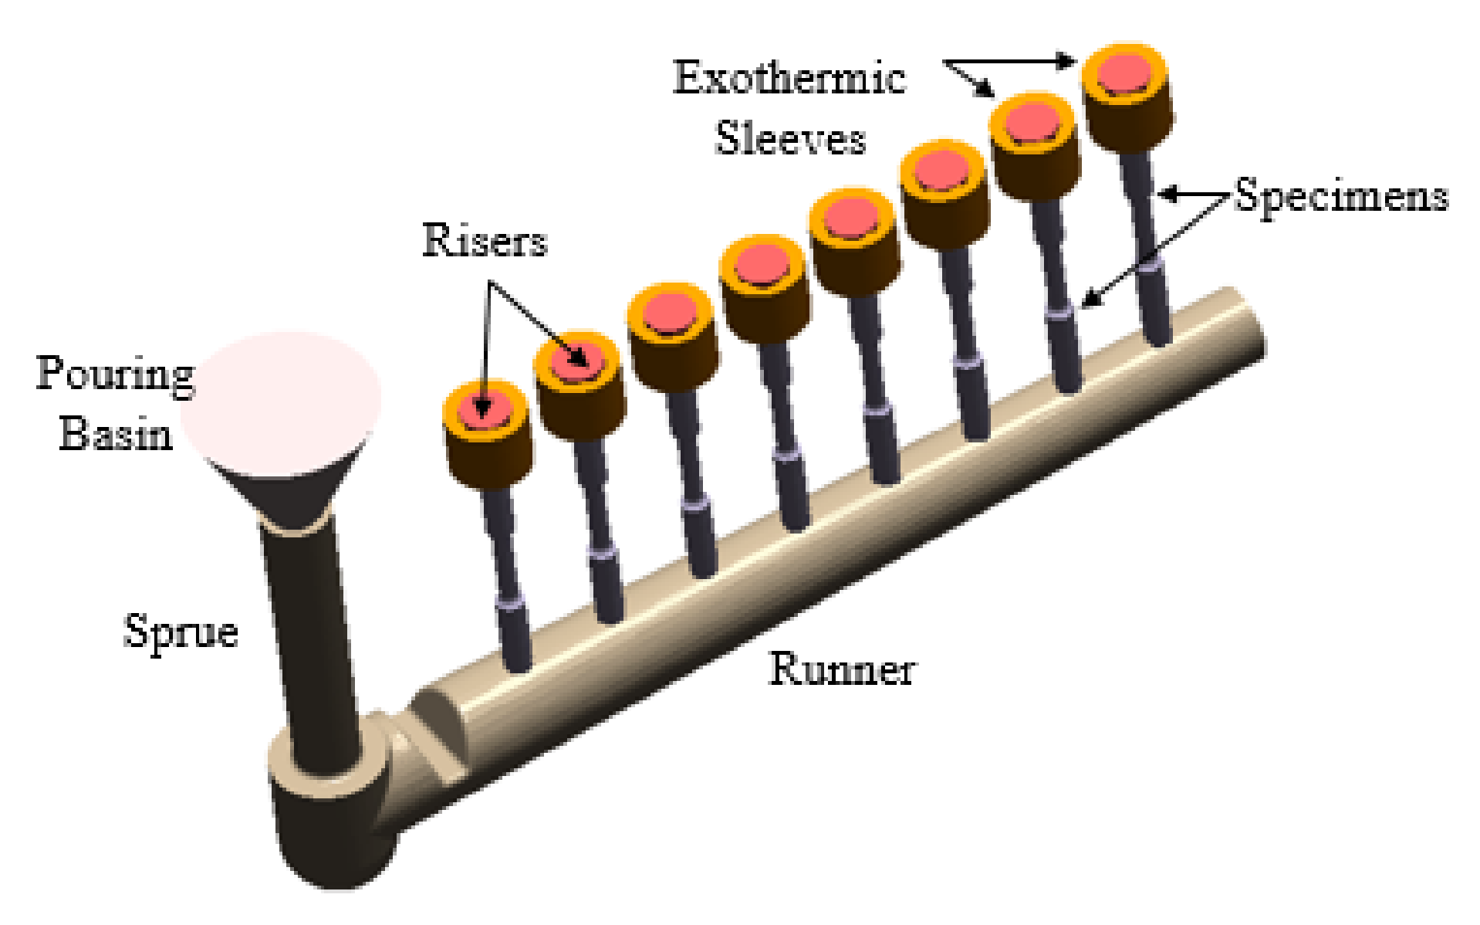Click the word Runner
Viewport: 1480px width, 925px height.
coord(842,669)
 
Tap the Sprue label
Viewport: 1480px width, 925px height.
coord(181,632)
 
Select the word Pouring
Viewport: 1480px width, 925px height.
coord(116,374)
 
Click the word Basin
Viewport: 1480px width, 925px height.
coord(116,433)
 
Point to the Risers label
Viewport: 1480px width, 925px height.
coord(485,240)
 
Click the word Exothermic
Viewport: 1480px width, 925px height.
coord(789,78)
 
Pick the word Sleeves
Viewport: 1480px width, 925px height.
coord(790,139)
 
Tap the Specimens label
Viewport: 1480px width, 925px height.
coord(1341,195)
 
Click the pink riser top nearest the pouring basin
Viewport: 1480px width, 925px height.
coord(484,409)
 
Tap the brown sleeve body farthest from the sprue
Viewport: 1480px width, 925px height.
coord(1129,124)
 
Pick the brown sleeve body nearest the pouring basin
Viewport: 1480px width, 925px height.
coord(488,459)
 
